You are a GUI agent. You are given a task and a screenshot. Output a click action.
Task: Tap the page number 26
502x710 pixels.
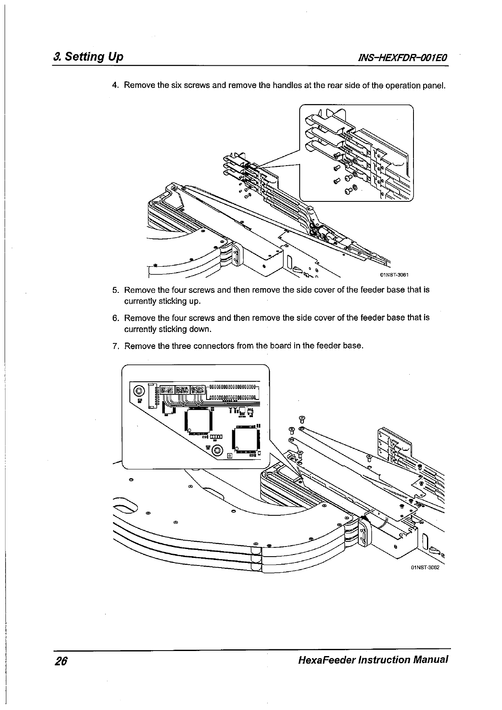[61, 660]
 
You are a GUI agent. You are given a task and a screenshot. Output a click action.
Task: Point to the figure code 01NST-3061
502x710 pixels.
[395, 275]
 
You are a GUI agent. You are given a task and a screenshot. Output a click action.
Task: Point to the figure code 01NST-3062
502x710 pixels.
[425, 567]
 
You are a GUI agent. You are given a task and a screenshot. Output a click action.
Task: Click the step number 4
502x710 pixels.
[115, 86]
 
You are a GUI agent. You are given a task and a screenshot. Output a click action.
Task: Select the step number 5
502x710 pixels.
[115, 290]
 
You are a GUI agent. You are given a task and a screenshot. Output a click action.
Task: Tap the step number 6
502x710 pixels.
[115, 318]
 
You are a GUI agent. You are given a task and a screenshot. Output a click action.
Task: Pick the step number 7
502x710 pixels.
[115, 346]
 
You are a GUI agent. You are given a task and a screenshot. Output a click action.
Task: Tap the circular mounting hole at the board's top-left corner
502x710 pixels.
[139, 390]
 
